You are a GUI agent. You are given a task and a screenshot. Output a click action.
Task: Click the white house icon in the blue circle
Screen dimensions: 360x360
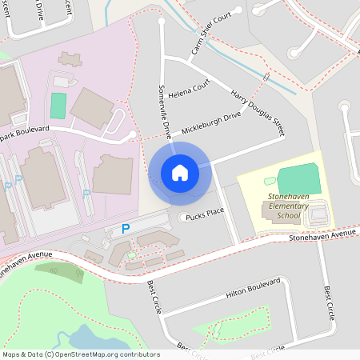pos(180,172)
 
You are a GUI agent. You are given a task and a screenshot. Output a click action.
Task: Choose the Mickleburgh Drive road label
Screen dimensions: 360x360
pos(210,123)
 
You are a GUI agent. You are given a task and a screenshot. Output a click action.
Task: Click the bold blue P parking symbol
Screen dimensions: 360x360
pos(125,229)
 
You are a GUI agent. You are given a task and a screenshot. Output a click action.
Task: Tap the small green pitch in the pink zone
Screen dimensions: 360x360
pos(58,105)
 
